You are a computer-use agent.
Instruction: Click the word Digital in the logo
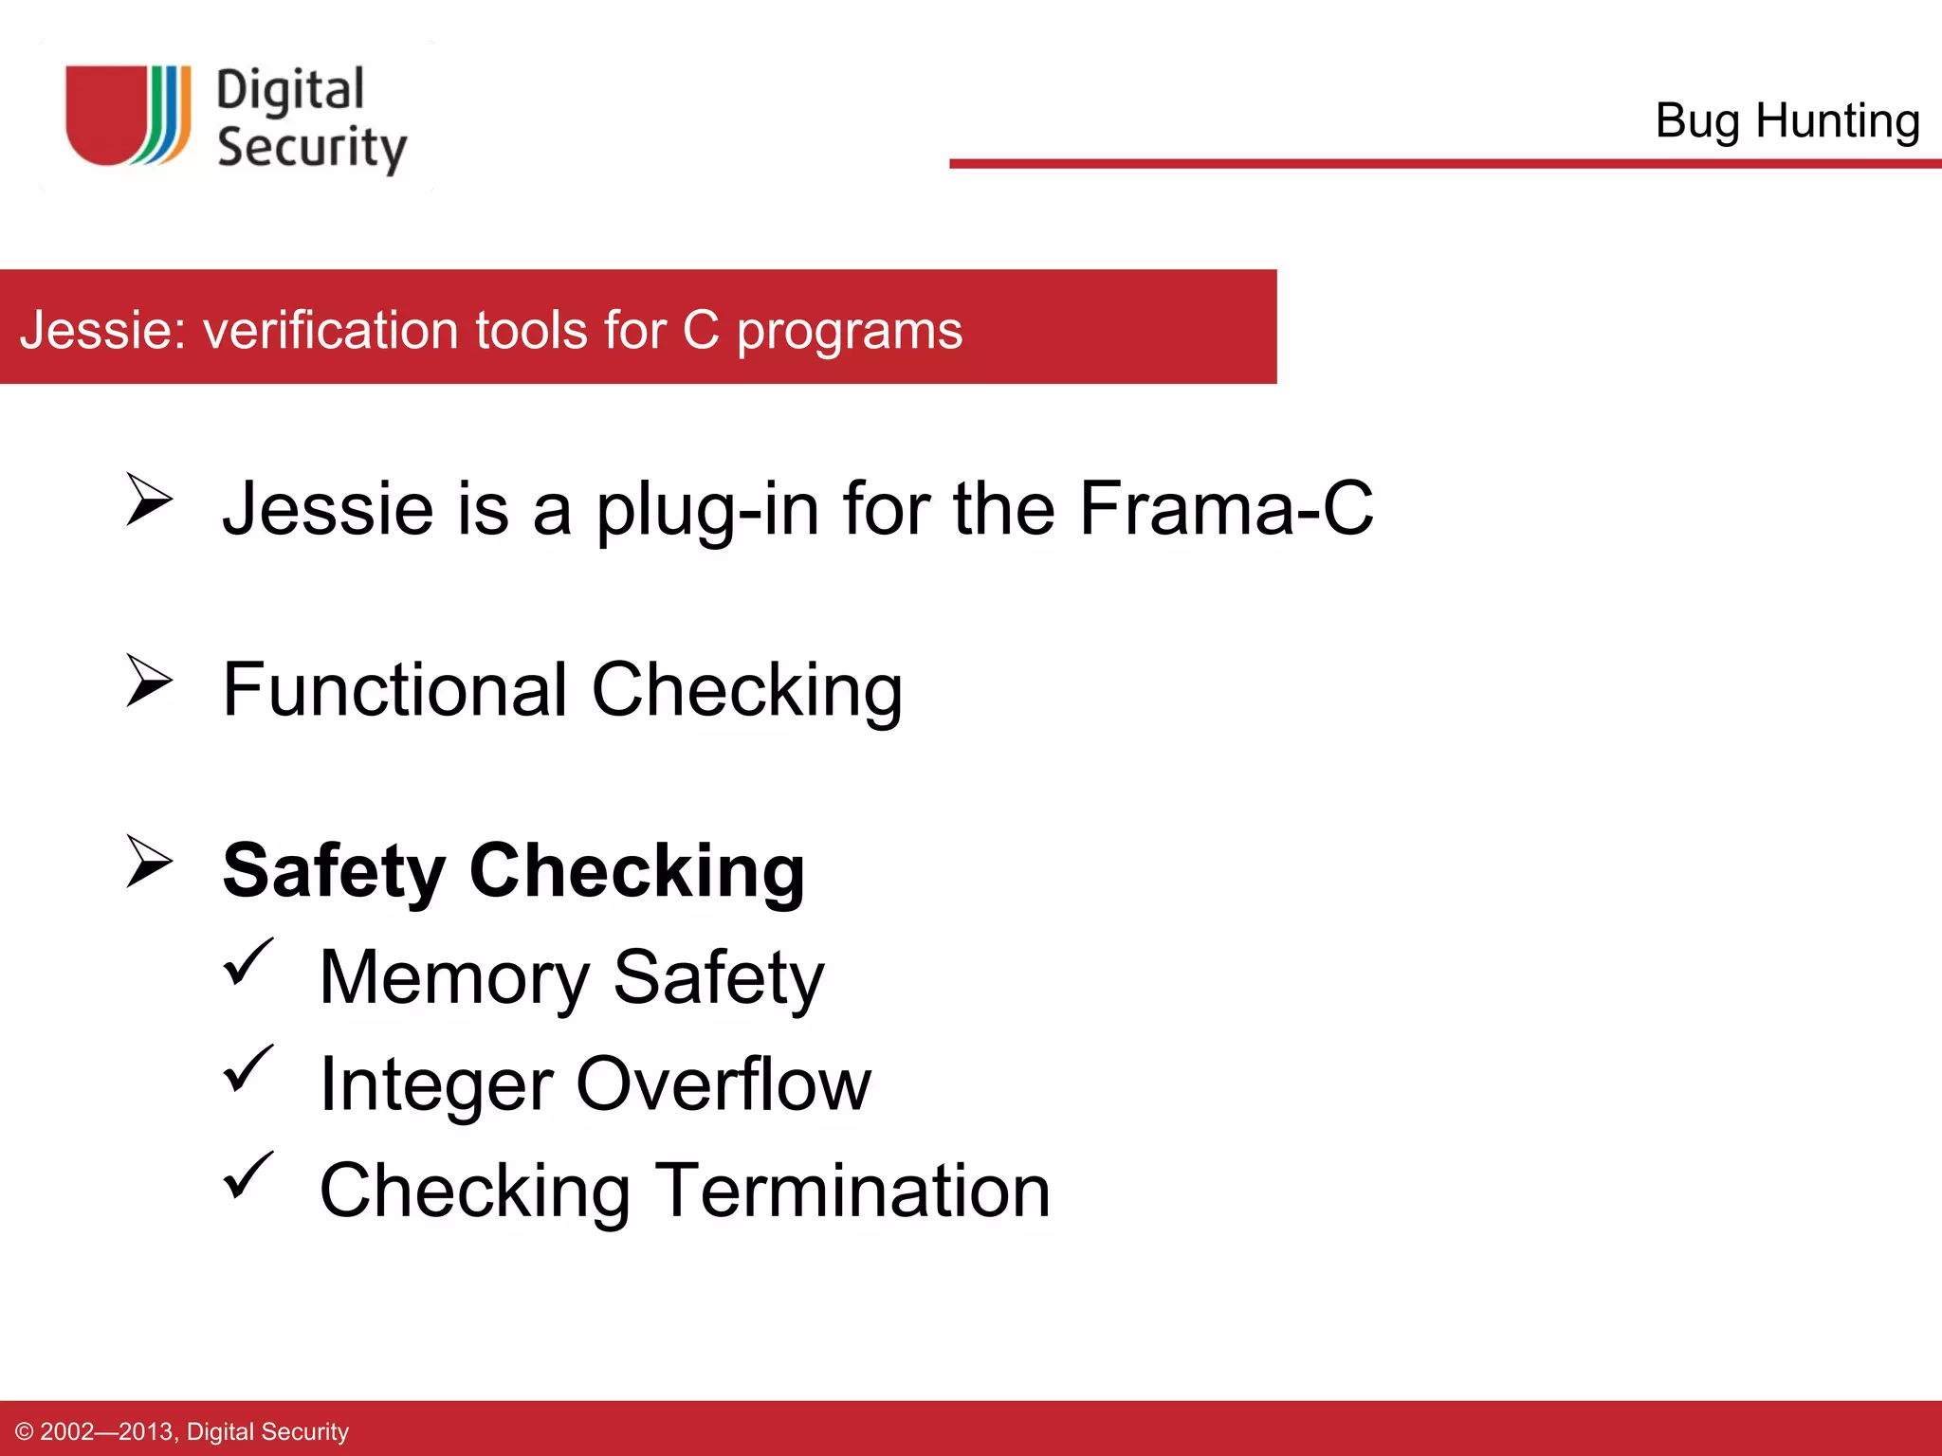click(x=290, y=91)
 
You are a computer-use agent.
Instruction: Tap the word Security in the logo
click(x=312, y=148)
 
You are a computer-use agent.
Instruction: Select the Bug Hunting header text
click(x=1787, y=121)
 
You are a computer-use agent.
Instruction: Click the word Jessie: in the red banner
click(x=102, y=331)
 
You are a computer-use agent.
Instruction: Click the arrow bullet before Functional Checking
click(x=149, y=681)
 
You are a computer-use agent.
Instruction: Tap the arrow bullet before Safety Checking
click(x=149, y=861)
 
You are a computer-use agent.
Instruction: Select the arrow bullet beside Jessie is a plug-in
click(x=149, y=500)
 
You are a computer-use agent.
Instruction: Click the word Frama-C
click(x=1225, y=509)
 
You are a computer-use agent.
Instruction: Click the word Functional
click(x=394, y=690)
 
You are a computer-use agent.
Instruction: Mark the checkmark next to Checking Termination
click(x=248, y=1175)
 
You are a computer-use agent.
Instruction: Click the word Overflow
click(x=724, y=1084)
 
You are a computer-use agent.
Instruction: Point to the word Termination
click(x=853, y=1192)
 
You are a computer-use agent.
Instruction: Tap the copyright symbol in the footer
click(x=25, y=1432)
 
